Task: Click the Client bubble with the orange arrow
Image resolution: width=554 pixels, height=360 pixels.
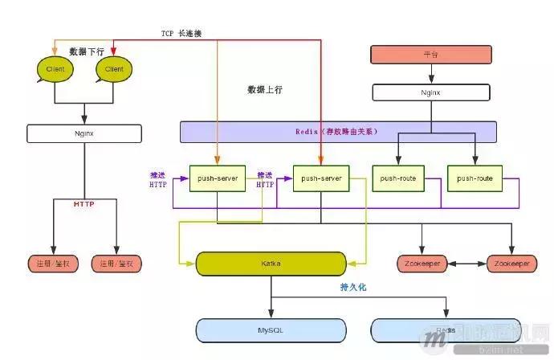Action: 55,69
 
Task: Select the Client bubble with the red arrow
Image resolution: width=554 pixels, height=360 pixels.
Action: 114,69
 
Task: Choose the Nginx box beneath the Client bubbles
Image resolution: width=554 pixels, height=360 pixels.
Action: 84,133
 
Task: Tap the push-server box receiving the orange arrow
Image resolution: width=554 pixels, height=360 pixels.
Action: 216,178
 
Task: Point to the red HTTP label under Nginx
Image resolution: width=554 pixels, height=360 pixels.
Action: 84,204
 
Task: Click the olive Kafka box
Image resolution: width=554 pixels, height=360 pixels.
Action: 271,263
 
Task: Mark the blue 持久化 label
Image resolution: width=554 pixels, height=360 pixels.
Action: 353,287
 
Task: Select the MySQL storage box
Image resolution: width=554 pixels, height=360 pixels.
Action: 271,329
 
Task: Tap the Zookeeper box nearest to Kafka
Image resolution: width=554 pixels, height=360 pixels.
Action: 422,264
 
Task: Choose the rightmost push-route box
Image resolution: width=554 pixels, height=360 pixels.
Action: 475,178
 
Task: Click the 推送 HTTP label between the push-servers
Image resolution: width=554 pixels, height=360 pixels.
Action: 266,179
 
